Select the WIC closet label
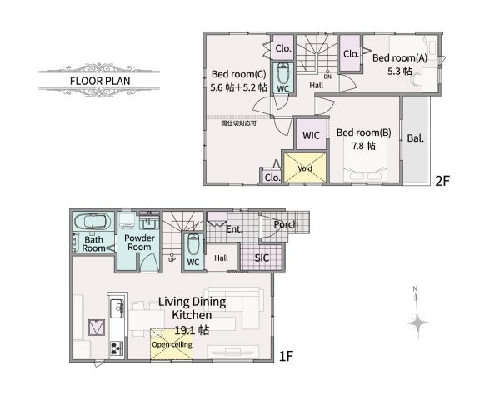[312, 134]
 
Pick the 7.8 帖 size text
[362, 146]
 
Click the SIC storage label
[262, 257]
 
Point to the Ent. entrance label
[234, 228]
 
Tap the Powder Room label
[137, 242]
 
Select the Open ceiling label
[171, 343]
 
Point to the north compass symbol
[417, 322]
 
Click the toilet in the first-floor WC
[192, 245]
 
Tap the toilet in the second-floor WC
[282, 72]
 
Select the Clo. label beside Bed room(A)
[351, 54]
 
